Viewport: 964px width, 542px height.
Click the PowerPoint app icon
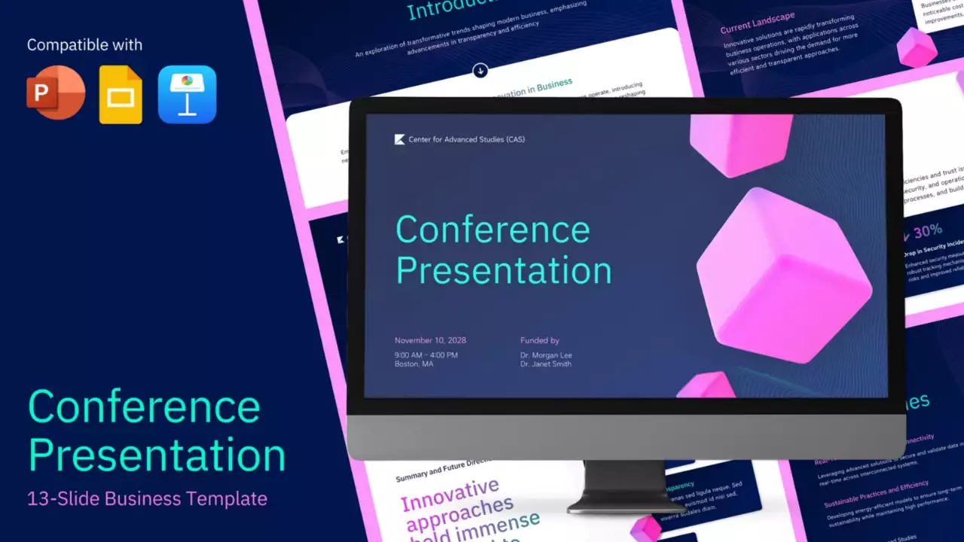(x=56, y=93)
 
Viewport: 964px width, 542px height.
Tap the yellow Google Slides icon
(x=121, y=95)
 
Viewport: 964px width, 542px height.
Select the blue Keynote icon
(x=187, y=94)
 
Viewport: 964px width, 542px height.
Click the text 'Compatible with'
(x=84, y=45)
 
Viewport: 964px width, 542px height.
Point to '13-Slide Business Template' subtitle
(x=147, y=498)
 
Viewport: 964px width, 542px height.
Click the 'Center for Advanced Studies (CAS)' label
(x=466, y=139)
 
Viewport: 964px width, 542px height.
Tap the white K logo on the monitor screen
(x=400, y=139)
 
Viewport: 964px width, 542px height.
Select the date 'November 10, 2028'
(x=430, y=340)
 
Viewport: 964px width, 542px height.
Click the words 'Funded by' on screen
(x=539, y=340)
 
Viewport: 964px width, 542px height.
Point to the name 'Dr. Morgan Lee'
(x=546, y=355)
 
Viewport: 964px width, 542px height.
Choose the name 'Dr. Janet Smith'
(x=546, y=364)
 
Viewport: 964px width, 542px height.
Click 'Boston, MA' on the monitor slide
(x=413, y=364)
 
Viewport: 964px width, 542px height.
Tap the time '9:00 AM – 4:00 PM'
(x=426, y=355)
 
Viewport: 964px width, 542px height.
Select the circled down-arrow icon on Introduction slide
(x=480, y=71)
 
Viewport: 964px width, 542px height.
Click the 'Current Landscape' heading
(x=757, y=23)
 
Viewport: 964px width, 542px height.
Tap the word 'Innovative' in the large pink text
(x=450, y=496)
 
